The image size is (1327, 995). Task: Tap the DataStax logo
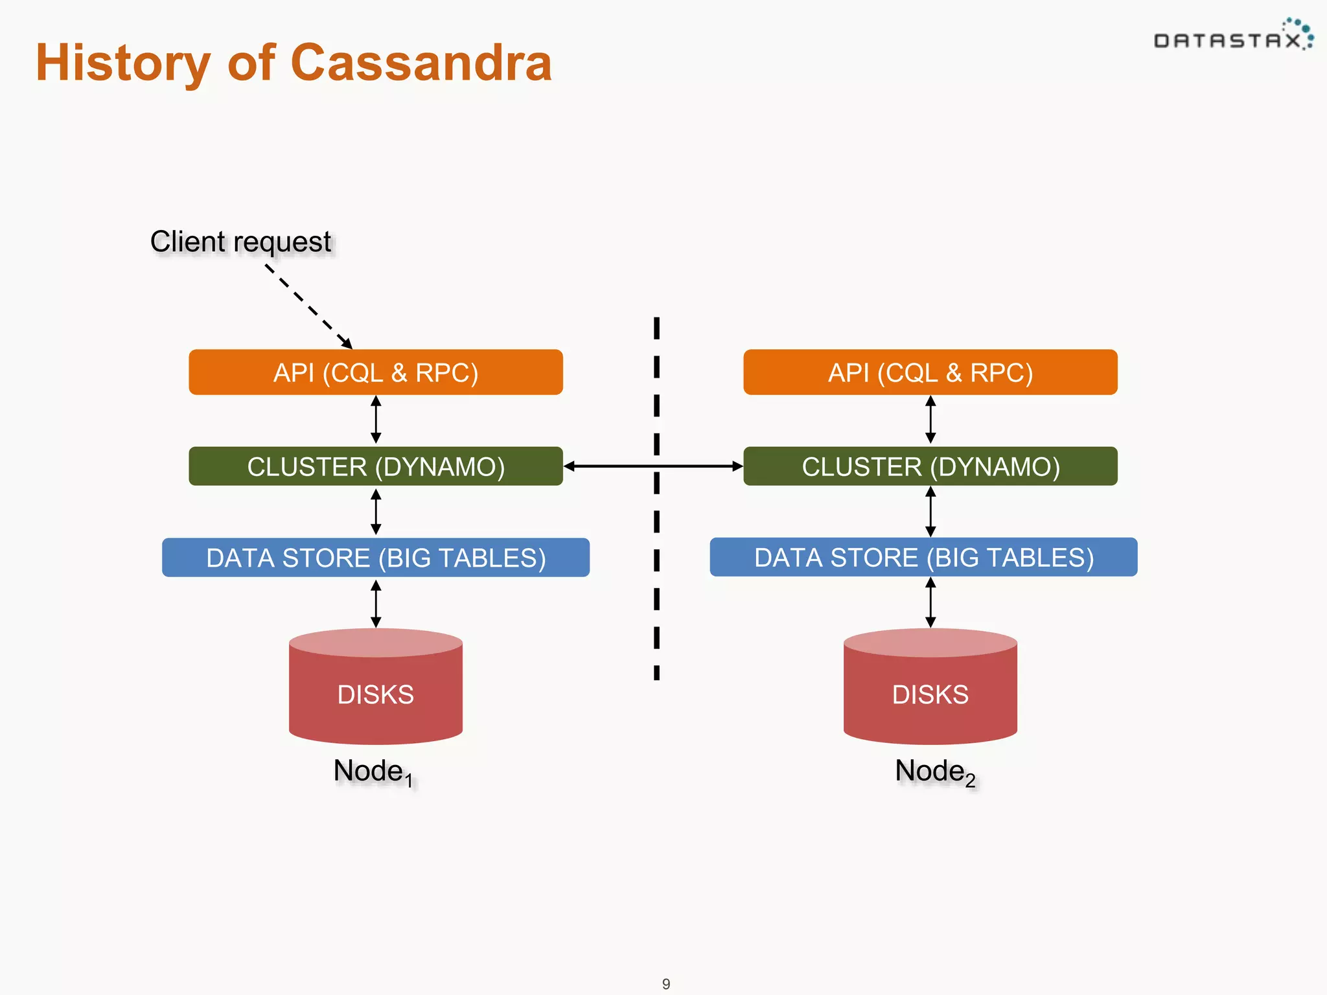click(1232, 38)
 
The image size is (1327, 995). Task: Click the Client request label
click(241, 242)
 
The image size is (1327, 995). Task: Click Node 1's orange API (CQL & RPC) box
click(376, 372)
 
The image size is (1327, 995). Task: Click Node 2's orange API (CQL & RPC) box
click(930, 372)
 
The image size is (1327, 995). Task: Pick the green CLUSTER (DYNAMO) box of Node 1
click(376, 466)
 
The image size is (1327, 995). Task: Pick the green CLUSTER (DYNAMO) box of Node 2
click(930, 466)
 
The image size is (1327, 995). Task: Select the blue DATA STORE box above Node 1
click(376, 558)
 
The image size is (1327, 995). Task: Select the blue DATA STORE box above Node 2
click(923, 557)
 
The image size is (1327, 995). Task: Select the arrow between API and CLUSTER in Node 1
click(376, 420)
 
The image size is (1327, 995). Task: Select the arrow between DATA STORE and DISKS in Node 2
click(930, 602)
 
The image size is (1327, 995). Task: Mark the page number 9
click(666, 984)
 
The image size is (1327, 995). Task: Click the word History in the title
click(123, 63)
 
